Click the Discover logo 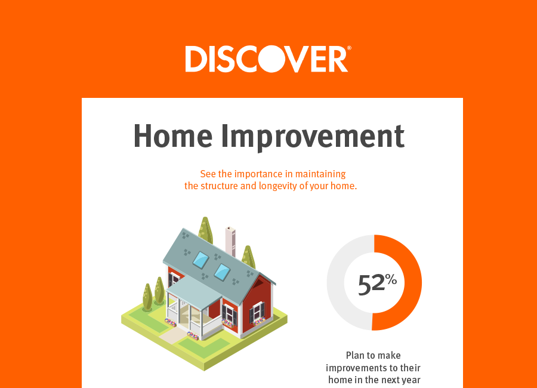[x=268, y=59]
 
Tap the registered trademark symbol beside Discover [x=349, y=48]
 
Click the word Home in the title [x=173, y=136]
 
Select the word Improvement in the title [x=313, y=137]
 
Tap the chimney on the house [x=230, y=241]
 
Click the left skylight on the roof [x=200, y=260]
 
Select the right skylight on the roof [x=223, y=272]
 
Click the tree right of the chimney [x=248, y=257]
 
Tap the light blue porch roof [x=194, y=291]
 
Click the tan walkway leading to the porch [x=173, y=335]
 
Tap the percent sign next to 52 [x=391, y=280]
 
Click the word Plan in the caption [x=355, y=355]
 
